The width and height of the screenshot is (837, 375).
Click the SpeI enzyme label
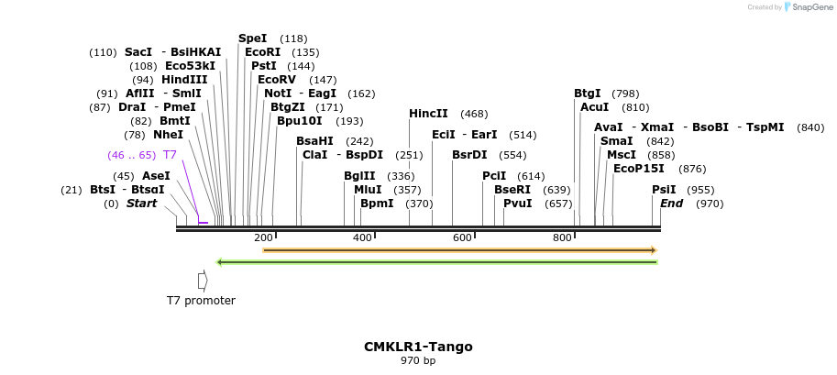[252, 39]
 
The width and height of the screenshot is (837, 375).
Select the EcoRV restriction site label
[277, 80]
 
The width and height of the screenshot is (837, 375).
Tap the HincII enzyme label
[428, 114]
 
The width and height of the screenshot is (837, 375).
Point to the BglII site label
[359, 176]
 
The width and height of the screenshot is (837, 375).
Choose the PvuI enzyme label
[517, 204]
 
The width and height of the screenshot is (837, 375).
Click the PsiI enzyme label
[664, 190]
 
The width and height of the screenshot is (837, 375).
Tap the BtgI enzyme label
[588, 94]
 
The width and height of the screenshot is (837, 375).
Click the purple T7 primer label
[170, 155]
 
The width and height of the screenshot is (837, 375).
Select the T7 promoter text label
[201, 301]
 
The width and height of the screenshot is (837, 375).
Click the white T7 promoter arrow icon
[202, 281]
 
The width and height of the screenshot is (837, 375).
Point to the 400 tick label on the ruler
[362, 238]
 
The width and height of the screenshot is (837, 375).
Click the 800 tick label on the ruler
[562, 238]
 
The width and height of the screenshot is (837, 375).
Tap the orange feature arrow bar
[459, 249]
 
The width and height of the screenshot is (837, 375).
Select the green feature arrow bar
[436, 262]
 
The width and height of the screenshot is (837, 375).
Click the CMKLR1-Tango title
[418, 347]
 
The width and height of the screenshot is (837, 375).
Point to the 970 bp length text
[418, 361]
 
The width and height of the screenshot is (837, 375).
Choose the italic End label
[672, 204]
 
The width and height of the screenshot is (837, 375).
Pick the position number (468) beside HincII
[474, 114]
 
